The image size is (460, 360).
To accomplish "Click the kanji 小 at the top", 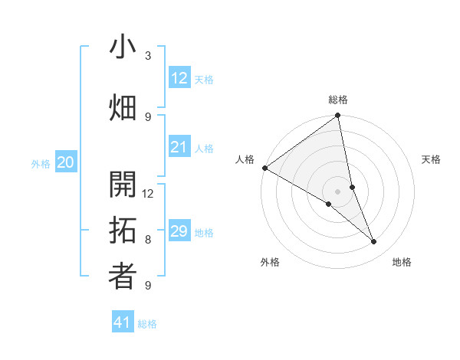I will pos(123,47).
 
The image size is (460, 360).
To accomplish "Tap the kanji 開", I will pos(123,185).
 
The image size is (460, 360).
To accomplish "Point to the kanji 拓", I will pos(123,231).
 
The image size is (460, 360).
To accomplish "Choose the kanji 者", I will pos(123,277).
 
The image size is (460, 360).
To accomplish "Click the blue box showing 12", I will pos(179,78).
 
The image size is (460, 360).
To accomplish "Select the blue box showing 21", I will pos(179,147).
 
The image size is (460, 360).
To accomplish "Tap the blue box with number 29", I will pos(179,231).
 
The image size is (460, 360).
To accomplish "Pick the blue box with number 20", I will pos(66,162).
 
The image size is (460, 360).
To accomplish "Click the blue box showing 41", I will pos(123,322).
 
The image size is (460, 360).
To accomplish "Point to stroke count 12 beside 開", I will pos(149,193).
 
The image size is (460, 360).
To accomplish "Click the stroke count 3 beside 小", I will pos(148,56).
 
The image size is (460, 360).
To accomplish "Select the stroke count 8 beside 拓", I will pos(148,239).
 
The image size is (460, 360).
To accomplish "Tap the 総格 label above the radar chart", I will pos(338,100).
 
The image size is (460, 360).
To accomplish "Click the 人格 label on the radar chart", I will pos(245,159).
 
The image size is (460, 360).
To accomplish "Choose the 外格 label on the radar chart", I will pos(270,262).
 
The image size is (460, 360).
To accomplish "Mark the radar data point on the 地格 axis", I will pos(374,242).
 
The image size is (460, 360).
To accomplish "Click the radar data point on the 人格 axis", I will pos(264,168).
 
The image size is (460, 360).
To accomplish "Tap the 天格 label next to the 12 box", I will pos(204,79).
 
